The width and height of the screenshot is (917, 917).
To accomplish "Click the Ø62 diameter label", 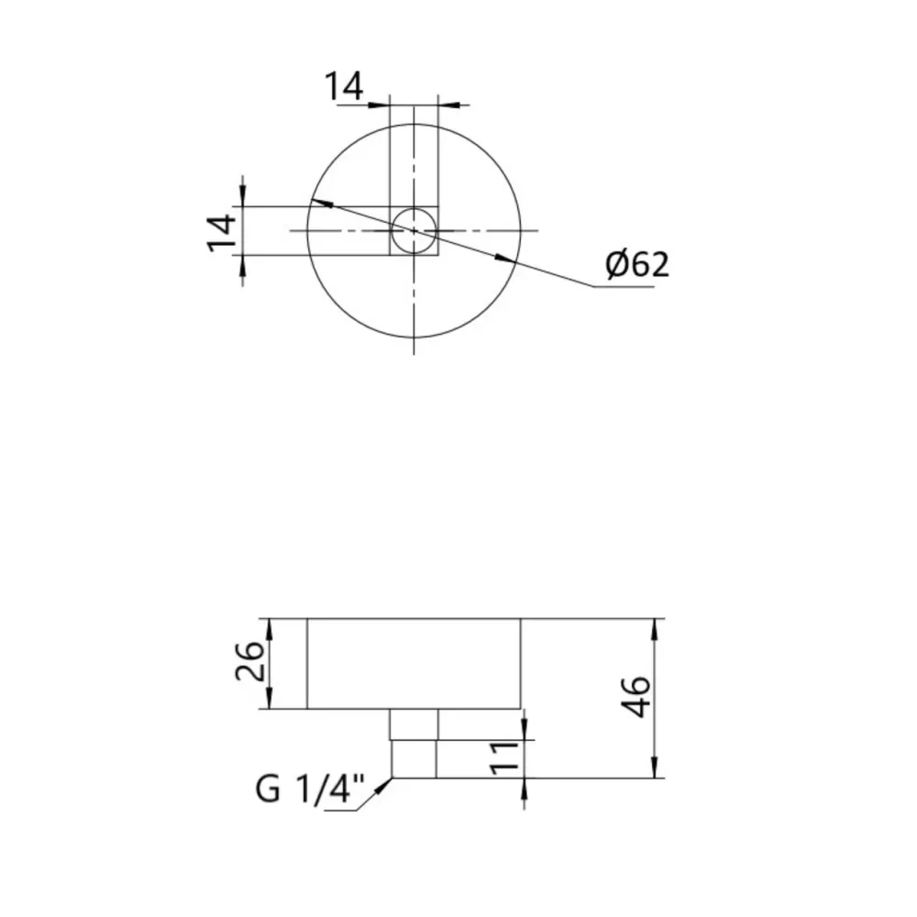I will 637,265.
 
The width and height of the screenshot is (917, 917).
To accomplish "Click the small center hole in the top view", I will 414,229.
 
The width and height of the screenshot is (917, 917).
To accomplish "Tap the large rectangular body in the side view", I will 414,663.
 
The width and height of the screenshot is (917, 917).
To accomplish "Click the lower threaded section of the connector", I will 414,759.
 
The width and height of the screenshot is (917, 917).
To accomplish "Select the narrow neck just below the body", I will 414,724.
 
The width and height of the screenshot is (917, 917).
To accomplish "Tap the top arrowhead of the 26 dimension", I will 270,626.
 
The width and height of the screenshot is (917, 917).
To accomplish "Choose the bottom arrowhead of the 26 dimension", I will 270,701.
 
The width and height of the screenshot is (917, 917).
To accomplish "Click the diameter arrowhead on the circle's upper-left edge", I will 317,202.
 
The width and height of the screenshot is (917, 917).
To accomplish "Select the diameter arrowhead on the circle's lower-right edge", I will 503,259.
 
